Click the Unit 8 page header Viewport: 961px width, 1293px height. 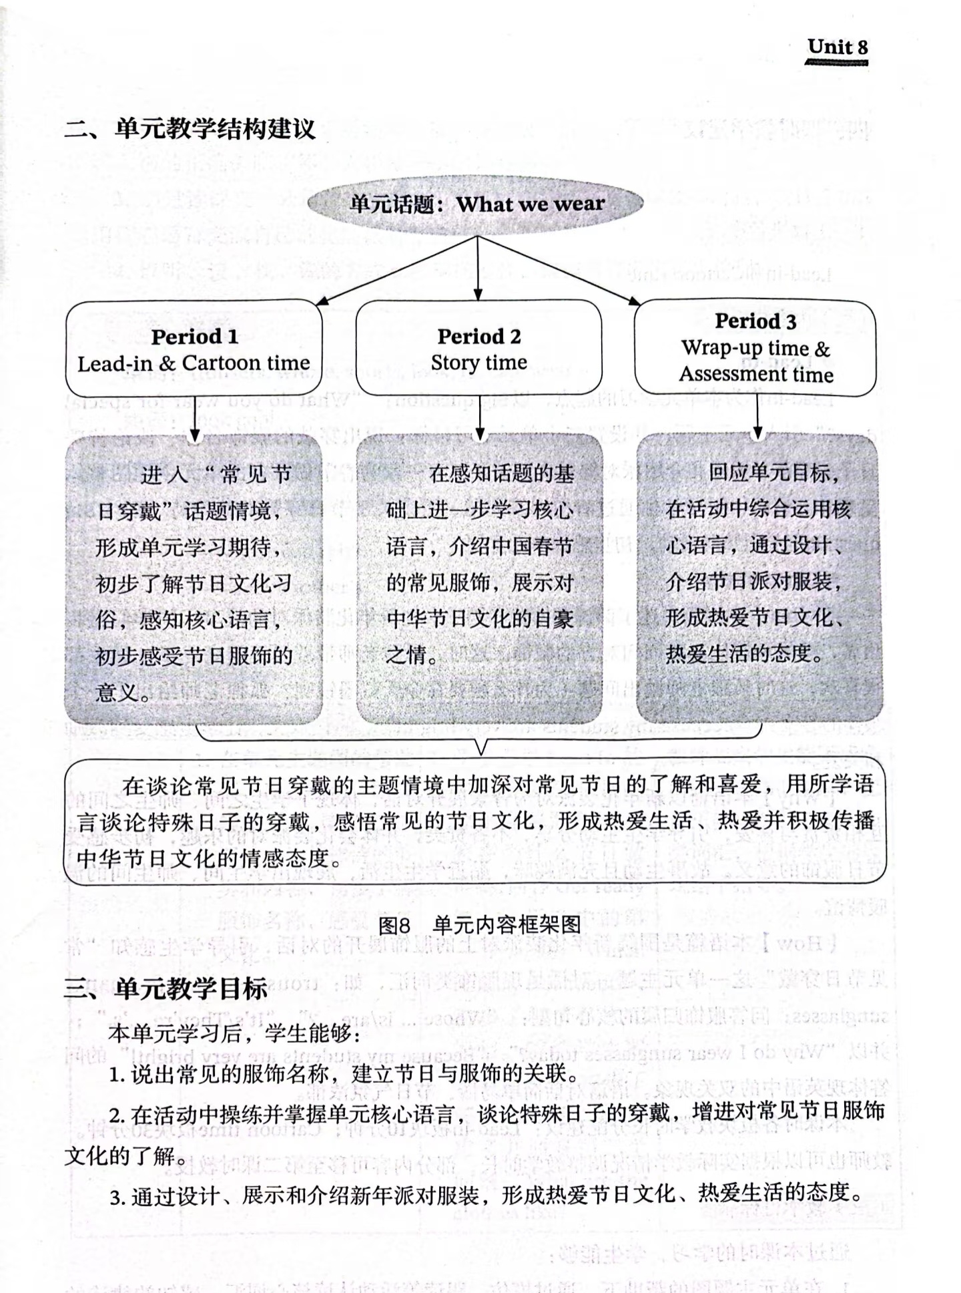(837, 47)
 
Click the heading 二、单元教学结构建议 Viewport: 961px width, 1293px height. (190, 129)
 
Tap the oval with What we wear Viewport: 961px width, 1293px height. (476, 204)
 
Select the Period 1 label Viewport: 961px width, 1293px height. (194, 337)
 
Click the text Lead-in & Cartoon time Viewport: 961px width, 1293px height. (194, 363)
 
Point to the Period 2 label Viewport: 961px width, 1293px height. (478, 337)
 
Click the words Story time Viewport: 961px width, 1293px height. (478, 363)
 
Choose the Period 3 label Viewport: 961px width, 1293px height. (755, 321)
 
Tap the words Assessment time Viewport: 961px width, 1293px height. (756, 374)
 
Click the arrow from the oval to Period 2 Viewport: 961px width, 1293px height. (478, 267)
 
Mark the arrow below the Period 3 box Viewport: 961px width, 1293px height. (757, 417)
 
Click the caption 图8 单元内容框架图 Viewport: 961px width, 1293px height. (479, 925)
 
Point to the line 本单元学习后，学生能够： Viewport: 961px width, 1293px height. (234, 1034)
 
